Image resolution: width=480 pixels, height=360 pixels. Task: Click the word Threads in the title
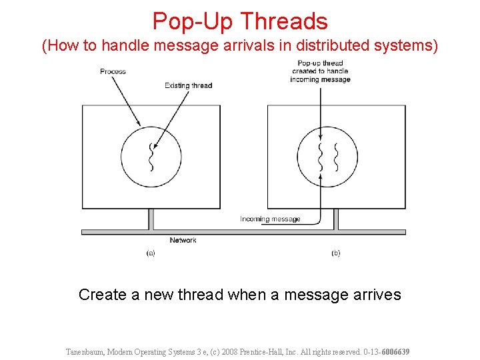284,21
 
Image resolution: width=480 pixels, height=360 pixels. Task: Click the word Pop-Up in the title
193,21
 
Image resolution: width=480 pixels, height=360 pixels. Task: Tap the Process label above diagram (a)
113,71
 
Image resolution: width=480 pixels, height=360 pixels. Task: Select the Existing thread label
188,85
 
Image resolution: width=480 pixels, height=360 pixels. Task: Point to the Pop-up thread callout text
320,71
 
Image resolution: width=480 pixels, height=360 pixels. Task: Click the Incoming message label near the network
270,219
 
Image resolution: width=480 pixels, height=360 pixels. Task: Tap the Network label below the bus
183,240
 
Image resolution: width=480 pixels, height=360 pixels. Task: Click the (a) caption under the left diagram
151,253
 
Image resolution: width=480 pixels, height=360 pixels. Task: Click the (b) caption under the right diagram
335,253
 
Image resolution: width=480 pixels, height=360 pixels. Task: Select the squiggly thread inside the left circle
151,157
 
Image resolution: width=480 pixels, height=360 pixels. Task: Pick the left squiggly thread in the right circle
321,157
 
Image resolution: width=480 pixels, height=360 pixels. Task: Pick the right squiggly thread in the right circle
336,157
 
